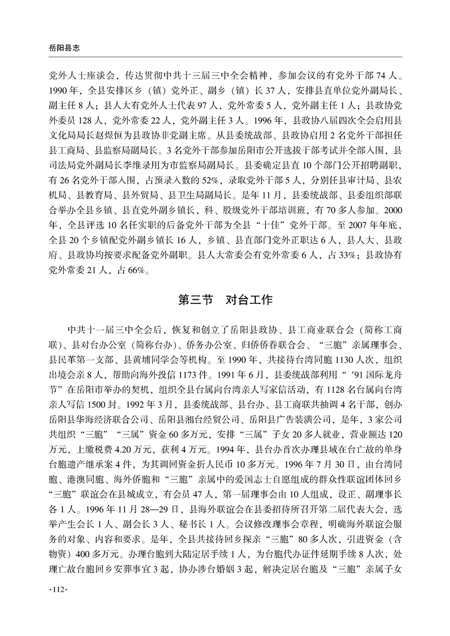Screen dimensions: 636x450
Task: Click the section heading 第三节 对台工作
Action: (x=225, y=300)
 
